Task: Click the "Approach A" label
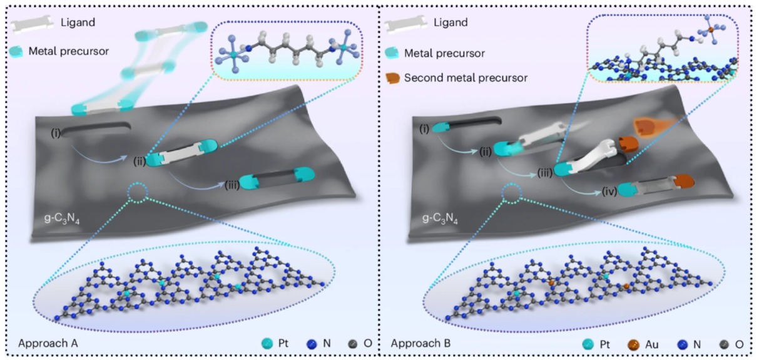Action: coord(48,343)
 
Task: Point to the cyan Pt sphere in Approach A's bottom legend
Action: coord(267,343)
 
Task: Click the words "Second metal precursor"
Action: coord(466,78)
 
